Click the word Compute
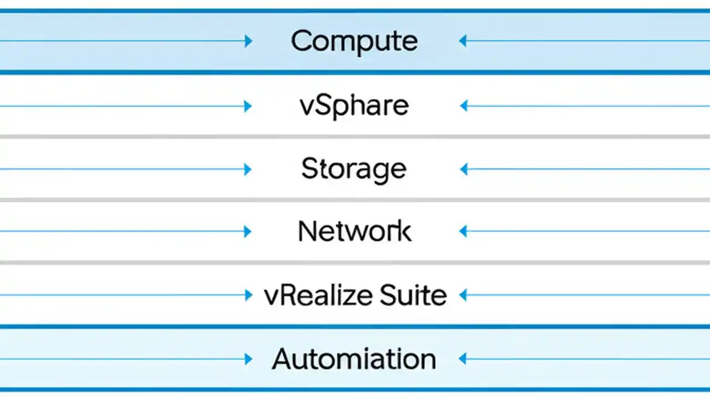pos(354,41)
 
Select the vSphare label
pos(354,106)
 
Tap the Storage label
pos(354,169)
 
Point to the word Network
pos(354,231)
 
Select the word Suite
pos(413,295)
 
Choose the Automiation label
pos(354,359)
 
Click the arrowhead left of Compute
pos(248,41)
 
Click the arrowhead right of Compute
pos(463,41)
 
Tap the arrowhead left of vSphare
pos(248,106)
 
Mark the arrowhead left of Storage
pos(248,169)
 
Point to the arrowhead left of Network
pos(248,232)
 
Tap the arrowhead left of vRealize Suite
pos(249,295)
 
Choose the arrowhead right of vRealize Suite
pos(463,295)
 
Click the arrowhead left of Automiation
pos(248,359)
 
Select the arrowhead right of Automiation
pos(463,359)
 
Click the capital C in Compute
pos(302,41)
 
